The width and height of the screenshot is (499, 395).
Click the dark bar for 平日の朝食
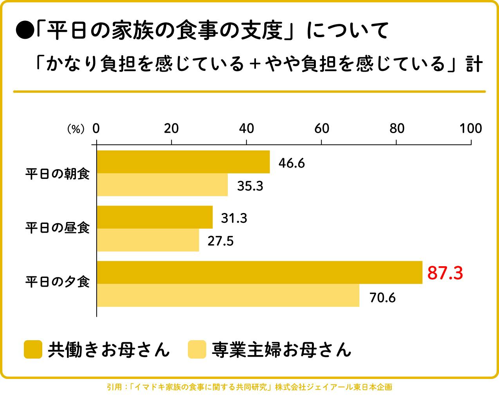pyautogui.click(x=183, y=162)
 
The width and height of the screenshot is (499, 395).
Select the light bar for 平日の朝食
pyautogui.click(x=162, y=185)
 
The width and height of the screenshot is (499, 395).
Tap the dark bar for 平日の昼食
pyautogui.click(x=155, y=217)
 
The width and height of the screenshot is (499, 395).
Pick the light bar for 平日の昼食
pyautogui.click(x=148, y=240)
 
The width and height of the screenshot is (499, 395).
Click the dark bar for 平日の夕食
pyautogui.click(x=259, y=272)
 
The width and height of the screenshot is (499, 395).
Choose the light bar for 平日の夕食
pyautogui.click(x=228, y=295)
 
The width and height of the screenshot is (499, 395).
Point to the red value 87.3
pyautogui.click(x=445, y=273)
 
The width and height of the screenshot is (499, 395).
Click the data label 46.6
pyautogui.click(x=291, y=163)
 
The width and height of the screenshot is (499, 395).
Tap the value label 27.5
pyautogui.click(x=220, y=241)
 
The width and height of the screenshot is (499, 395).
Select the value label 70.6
pyautogui.click(x=382, y=298)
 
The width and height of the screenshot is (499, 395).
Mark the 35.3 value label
pyautogui.click(x=250, y=186)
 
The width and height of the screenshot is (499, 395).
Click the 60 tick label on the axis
pyautogui.click(x=321, y=128)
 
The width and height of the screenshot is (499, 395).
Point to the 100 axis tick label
pyautogui.click(x=470, y=128)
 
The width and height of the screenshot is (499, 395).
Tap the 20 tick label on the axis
pyautogui.click(x=171, y=128)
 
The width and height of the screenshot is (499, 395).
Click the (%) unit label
pyautogui.click(x=76, y=129)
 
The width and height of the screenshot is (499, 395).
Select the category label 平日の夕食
pyautogui.click(x=58, y=282)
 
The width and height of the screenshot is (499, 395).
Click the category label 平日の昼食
pyautogui.click(x=58, y=228)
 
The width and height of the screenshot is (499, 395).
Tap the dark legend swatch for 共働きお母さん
pyautogui.click(x=33, y=349)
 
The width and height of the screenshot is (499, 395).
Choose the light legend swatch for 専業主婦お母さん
pyautogui.click(x=197, y=349)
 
